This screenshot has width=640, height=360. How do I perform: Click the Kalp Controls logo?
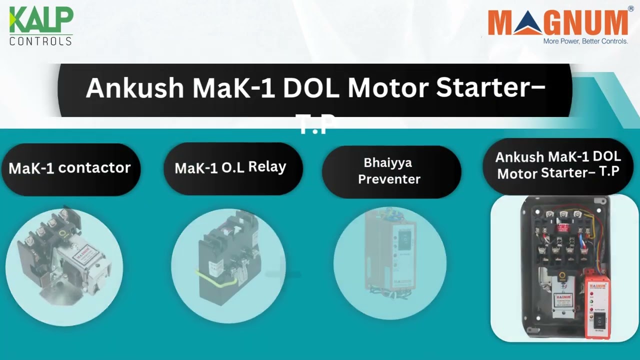(x=41, y=25)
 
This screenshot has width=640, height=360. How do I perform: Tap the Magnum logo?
(x=557, y=23)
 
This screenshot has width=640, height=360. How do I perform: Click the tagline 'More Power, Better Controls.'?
(x=585, y=41)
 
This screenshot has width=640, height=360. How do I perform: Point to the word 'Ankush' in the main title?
(x=135, y=88)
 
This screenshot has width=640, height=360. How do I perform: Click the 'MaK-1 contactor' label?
(x=69, y=168)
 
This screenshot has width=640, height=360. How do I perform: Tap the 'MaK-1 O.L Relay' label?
(x=230, y=167)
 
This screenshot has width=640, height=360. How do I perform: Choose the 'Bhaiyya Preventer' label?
(x=389, y=171)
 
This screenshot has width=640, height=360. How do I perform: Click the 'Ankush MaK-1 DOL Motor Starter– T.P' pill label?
(x=557, y=165)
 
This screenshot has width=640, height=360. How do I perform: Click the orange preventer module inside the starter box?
(x=598, y=305)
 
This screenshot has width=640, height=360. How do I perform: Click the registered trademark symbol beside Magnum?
(x=631, y=8)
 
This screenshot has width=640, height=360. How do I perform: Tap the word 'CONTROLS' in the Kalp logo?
(x=41, y=41)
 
